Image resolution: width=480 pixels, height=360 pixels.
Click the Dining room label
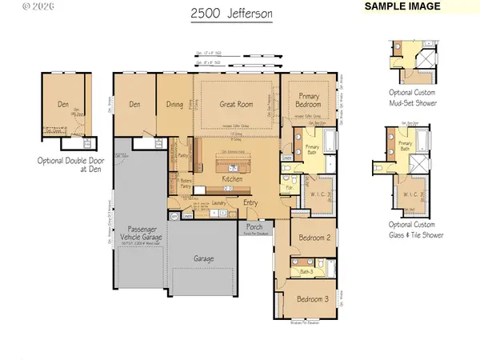[x=174, y=103]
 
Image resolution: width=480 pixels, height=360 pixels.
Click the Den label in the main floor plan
[x=134, y=103]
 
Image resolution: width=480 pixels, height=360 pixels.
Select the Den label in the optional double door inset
[x=62, y=103]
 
